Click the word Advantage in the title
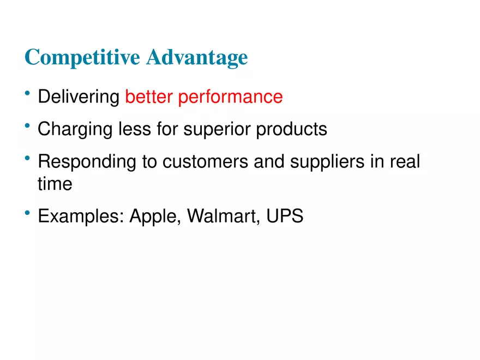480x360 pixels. [x=197, y=57]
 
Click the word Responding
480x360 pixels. [x=86, y=163]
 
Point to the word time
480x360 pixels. [x=55, y=184]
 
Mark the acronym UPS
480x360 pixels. [x=285, y=216]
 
